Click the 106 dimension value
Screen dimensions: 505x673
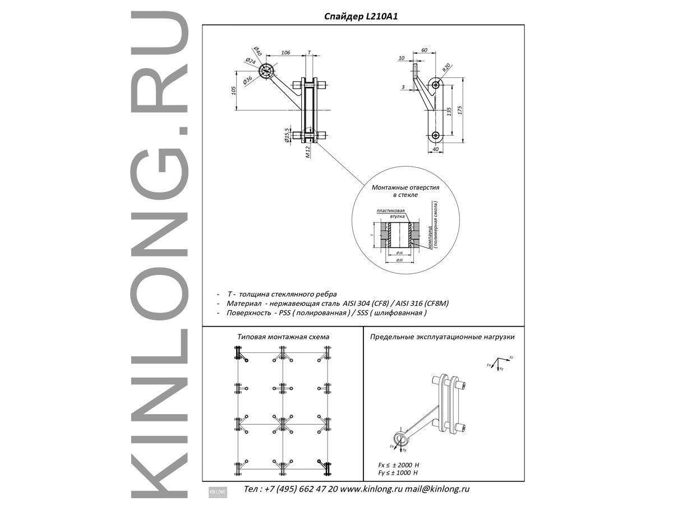click(x=285, y=52)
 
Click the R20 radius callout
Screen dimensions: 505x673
click(x=446, y=68)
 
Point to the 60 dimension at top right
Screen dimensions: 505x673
click(x=424, y=50)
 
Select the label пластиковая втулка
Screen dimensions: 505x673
click(x=391, y=213)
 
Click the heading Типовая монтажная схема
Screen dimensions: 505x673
click(x=283, y=337)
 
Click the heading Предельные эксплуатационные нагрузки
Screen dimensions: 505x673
click(x=442, y=337)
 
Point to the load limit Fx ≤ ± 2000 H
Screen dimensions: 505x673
click(x=399, y=465)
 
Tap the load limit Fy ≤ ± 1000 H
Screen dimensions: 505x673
click(x=399, y=473)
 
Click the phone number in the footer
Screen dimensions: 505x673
click(x=291, y=489)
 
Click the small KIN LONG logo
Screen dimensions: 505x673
click(x=217, y=491)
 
